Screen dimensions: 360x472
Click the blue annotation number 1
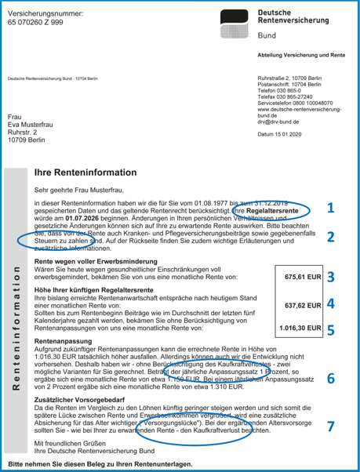click(330, 209)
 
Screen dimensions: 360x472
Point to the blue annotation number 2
click(330, 237)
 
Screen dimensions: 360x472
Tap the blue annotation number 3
click(330, 276)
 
